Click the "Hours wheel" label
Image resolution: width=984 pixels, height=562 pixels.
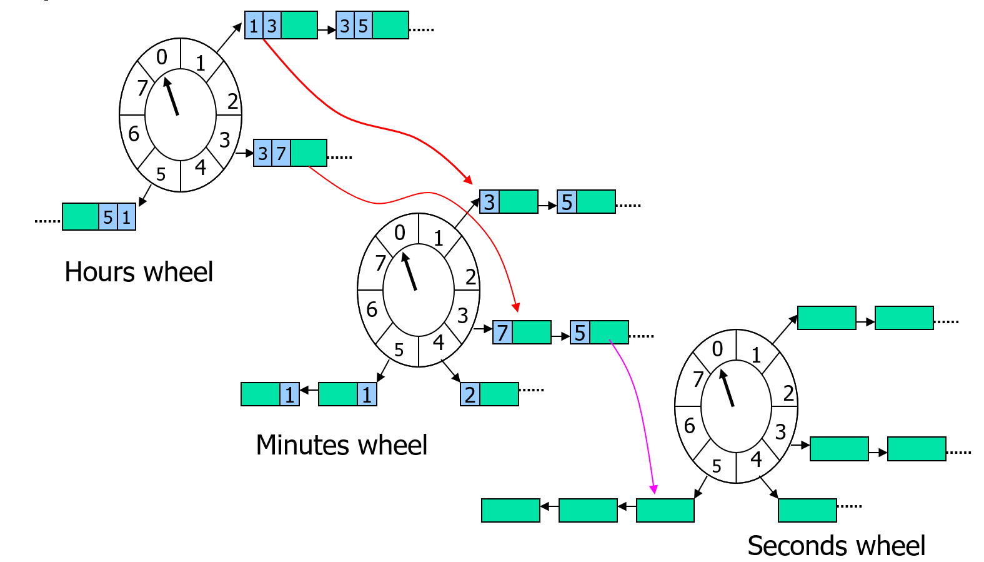pos(139,273)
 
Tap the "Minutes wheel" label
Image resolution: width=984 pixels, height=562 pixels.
pos(341,445)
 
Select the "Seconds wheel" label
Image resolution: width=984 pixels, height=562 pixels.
pos(836,546)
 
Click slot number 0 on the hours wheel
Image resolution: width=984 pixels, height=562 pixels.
pos(162,57)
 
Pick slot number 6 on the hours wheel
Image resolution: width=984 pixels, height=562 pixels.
pos(134,133)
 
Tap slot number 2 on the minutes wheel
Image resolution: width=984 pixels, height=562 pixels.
pos(470,277)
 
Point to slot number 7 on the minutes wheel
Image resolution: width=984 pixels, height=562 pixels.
pos(380,263)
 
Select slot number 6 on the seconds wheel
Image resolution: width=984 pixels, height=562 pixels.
pos(689,426)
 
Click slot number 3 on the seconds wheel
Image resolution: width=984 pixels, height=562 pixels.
pos(780,431)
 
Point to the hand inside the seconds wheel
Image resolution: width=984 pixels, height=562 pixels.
pos(727,388)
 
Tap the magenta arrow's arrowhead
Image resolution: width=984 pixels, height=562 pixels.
pos(654,489)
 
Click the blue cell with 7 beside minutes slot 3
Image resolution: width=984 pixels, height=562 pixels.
pos(502,333)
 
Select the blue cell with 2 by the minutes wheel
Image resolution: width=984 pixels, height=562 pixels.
pos(470,394)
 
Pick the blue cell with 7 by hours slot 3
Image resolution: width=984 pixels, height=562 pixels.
pos(281,153)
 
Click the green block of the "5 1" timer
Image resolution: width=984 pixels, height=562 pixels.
pos(81,217)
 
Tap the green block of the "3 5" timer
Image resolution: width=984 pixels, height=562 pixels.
pos(390,26)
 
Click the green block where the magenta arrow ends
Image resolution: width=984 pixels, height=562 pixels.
pos(665,510)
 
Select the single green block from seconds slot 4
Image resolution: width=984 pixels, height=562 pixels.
pos(807,510)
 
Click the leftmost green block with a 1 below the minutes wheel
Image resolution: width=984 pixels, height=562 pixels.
pos(261,394)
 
